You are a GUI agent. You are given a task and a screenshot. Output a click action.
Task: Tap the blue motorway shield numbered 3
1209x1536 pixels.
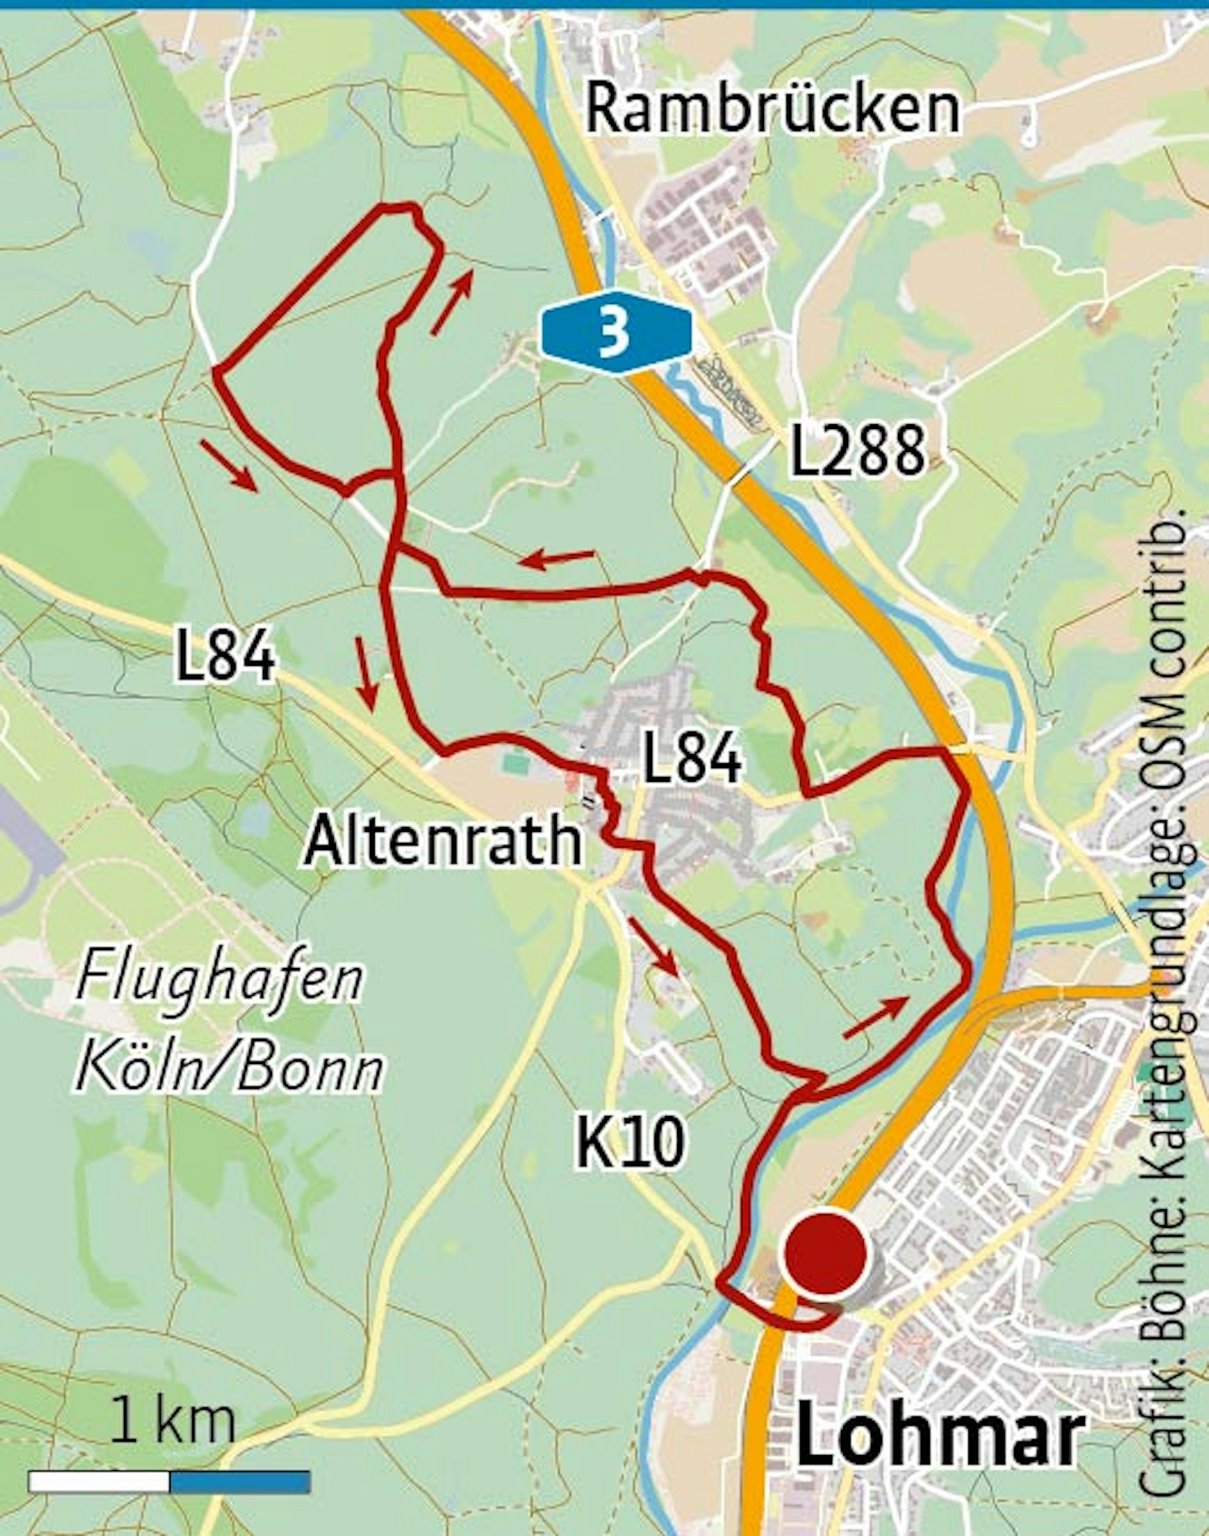(x=614, y=332)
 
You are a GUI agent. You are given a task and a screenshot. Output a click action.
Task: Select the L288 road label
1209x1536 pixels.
(x=857, y=451)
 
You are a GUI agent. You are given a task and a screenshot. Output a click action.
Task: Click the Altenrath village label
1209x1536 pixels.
(x=443, y=841)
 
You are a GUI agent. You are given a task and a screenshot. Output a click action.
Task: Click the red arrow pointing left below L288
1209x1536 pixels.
(x=556, y=559)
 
